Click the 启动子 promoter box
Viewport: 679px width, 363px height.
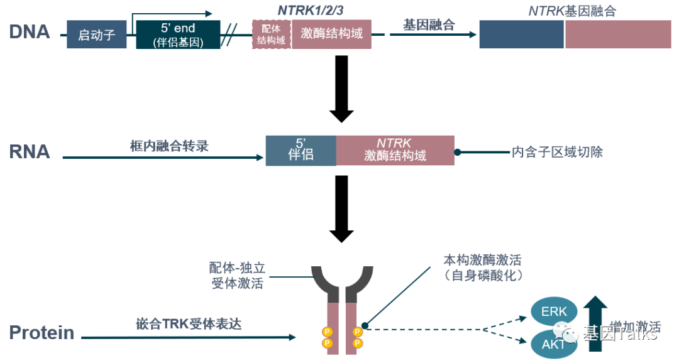(97, 35)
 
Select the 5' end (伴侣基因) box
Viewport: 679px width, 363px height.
(178, 35)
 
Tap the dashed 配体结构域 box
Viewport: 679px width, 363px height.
(272, 35)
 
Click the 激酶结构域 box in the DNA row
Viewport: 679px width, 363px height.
(331, 34)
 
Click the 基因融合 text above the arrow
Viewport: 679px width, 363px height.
(429, 24)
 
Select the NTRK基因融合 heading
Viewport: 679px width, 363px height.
(572, 11)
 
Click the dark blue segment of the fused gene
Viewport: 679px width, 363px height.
(521, 35)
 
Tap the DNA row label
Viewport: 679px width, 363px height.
(29, 32)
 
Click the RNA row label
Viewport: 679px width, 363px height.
(29, 151)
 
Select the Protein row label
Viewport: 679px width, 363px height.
(41, 332)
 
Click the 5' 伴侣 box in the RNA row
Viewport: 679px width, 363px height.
(301, 150)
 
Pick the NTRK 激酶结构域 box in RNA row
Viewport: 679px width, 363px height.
(395, 150)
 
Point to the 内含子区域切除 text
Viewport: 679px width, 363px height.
(557, 152)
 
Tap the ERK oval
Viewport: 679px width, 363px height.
(554, 312)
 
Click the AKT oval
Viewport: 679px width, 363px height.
(553, 344)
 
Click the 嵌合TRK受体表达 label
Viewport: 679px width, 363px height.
(189, 324)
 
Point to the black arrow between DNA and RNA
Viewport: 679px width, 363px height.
(341, 88)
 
